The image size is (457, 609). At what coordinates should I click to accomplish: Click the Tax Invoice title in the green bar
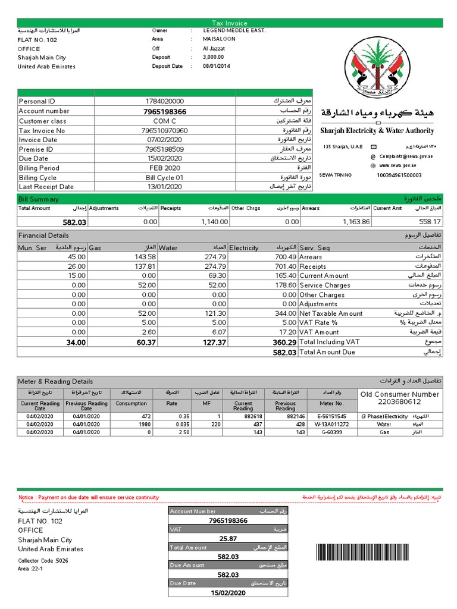[230, 23]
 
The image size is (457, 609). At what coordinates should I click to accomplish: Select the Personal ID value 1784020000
[165, 102]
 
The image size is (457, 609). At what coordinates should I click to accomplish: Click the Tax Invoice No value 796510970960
[165, 130]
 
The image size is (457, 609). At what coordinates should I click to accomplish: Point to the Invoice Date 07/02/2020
[165, 140]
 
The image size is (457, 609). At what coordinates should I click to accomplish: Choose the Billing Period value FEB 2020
[165, 168]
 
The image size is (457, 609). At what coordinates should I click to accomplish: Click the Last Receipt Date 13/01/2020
[165, 187]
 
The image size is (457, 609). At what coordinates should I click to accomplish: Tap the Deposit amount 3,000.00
[213, 58]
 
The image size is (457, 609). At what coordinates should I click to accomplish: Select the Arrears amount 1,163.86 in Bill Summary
[356, 222]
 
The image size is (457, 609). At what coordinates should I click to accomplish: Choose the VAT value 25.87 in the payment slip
[228, 539]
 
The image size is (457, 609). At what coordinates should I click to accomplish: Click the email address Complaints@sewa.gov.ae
[406, 156]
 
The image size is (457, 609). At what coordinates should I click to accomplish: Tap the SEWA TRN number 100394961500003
[399, 175]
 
